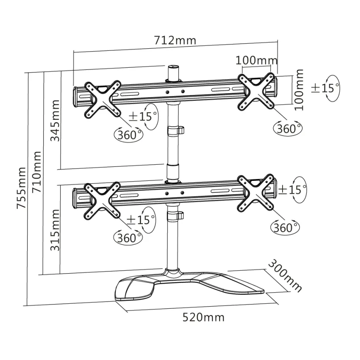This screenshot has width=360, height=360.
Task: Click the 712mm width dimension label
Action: tap(175, 40)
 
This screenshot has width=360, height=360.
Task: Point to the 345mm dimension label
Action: tap(55, 120)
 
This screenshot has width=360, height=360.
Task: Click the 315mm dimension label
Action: tap(55, 229)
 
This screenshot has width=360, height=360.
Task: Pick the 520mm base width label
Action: tap(203, 317)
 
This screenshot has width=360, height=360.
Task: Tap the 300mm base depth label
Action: tap(285, 276)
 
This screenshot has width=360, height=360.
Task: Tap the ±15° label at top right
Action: tap(325, 88)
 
